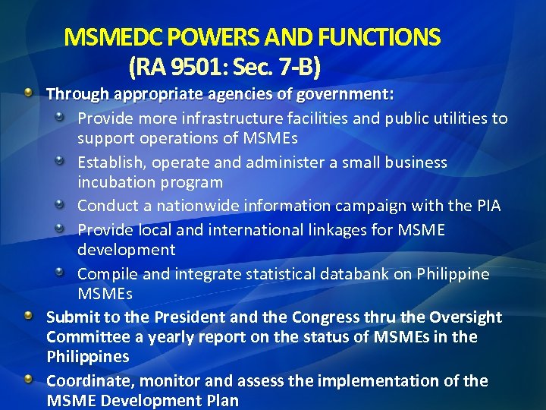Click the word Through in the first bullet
click(77, 95)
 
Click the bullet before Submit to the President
click(28, 314)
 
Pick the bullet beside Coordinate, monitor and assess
click(28, 378)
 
